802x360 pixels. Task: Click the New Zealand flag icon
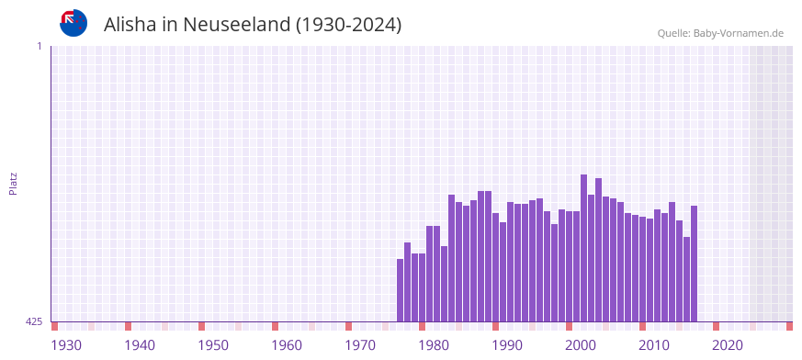(x=73, y=23)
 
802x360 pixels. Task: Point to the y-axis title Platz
(x=13, y=183)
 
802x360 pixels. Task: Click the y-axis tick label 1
(x=39, y=46)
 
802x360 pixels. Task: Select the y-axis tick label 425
(x=34, y=321)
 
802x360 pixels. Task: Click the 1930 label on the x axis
(x=66, y=345)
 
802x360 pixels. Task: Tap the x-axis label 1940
(x=140, y=345)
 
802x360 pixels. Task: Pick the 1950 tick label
(x=213, y=345)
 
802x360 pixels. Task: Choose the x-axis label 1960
(x=287, y=345)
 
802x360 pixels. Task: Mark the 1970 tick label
(x=360, y=345)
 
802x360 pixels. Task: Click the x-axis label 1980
(x=434, y=345)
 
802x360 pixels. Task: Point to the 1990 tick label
(x=507, y=345)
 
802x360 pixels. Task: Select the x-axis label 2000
(x=581, y=345)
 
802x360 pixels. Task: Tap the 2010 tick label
(x=654, y=345)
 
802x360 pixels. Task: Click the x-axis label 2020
(x=728, y=345)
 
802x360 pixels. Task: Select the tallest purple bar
(x=583, y=248)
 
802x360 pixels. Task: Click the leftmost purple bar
(x=400, y=290)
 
